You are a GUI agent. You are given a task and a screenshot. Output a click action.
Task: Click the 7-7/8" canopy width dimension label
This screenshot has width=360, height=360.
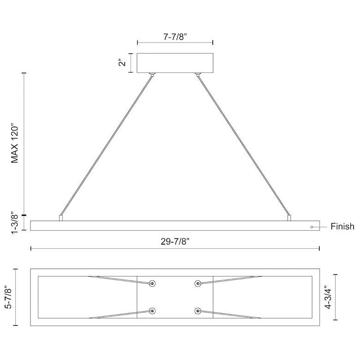(175, 37)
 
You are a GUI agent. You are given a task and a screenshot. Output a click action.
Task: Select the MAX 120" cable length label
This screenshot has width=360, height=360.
(15, 144)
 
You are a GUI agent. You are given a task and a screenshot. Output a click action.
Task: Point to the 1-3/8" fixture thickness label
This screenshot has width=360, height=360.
(15, 222)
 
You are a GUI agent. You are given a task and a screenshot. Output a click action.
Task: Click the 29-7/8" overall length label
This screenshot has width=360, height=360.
(175, 241)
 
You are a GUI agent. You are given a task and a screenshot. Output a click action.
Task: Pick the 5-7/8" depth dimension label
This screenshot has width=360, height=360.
(8, 297)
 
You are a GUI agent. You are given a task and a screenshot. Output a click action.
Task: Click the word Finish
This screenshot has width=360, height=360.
(342, 227)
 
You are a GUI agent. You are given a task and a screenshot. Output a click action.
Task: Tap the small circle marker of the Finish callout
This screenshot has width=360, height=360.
(312, 227)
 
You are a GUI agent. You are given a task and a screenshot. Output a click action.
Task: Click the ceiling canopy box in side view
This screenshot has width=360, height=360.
(175, 63)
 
